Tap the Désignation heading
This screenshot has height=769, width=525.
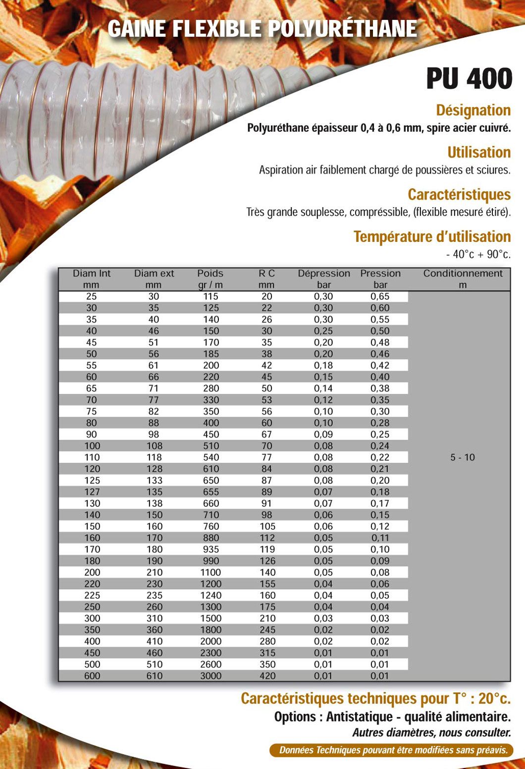(473, 110)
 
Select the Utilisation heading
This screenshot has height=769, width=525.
(478, 153)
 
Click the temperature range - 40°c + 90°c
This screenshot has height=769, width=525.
(477, 254)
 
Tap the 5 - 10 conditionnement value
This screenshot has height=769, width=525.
(462, 457)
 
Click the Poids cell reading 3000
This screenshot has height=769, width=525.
(211, 676)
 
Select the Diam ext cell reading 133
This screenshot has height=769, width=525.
(154, 481)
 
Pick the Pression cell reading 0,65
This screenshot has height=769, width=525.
(380, 297)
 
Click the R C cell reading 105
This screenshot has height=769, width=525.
(267, 526)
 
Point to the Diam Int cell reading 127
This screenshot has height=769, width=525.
(92, 492)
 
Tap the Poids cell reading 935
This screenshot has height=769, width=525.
(211, 549)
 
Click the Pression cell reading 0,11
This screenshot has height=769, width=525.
(380, 538)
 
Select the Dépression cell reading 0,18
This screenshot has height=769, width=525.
(323, 366)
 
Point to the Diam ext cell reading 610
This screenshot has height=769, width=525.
(154, 676)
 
